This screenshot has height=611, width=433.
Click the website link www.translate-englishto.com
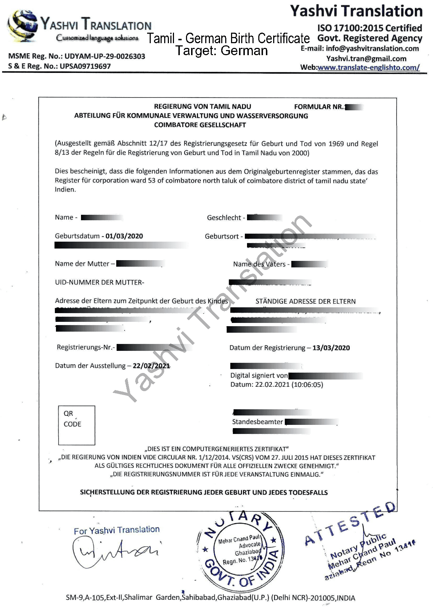tap(368, 67)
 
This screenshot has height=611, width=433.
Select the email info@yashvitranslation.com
tap(372, 49)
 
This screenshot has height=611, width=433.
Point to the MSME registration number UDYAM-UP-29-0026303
tap(105, 56)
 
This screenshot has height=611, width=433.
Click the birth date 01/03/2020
tap(124, 236)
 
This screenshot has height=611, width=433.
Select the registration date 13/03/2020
tap(331, 348)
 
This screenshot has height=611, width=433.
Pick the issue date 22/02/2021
tap(151, 366)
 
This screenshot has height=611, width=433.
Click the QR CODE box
tap(77, 425)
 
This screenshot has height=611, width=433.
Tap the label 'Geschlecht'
tap(224, 218)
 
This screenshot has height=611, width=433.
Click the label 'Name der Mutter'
tap(82, 264)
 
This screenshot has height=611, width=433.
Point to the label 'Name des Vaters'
tap(259, 264)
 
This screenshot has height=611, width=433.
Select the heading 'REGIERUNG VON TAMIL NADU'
tap(202, 107)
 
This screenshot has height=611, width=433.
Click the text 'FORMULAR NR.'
tap(319, 107)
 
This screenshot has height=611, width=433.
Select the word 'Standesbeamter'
tap(257, 422)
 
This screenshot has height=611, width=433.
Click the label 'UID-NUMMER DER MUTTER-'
tap(100, 282)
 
